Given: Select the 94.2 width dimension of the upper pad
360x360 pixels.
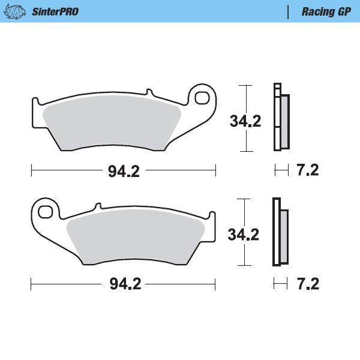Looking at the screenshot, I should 124,171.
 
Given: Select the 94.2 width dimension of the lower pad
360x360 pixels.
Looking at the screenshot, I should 124,283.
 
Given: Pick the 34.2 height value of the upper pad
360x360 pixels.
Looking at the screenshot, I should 245,121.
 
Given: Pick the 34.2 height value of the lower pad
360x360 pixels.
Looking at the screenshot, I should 244,233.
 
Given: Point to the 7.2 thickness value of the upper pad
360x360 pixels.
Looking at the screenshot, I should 308,170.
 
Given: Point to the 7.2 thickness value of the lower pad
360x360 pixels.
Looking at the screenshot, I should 308,283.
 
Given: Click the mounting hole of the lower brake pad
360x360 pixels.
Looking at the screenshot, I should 46,212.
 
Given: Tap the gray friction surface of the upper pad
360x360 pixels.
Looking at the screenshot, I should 114,123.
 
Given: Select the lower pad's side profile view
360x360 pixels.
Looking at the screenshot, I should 280,232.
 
